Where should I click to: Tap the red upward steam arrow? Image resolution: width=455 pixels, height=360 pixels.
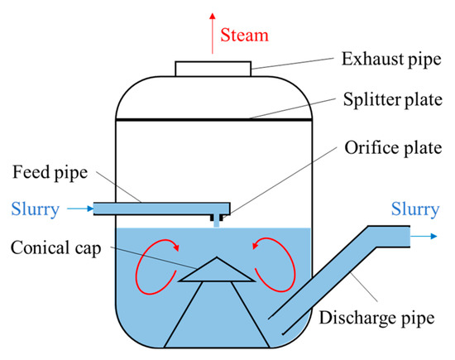click(212, 33)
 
